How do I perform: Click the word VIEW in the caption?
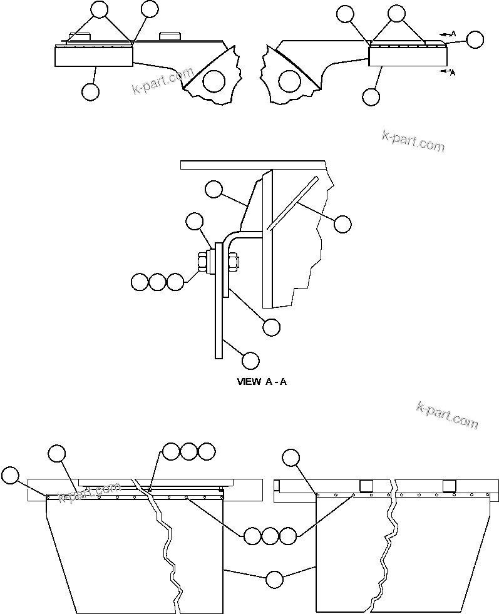click(x=249, y=381)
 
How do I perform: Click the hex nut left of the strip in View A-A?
click(x=203, y=262)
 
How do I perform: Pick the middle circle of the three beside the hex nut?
click(x=158, y=282)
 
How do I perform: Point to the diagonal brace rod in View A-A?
click(x=292, y=203)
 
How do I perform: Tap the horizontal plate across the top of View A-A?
click(x=253, y=164)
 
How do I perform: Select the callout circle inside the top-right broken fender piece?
click(x=289, y=80)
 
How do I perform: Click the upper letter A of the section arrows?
click(x=453, y=33)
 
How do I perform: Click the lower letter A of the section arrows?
click(x=452, y=73)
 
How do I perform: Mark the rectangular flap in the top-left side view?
click(x=94, y=56)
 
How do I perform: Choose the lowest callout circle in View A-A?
click(x=250, y=361)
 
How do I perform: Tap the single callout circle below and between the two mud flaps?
click(x=274, y=580)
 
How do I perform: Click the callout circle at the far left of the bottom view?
click(x=10, y=475)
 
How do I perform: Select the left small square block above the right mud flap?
click(x=366, y=486)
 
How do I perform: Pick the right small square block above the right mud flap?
click(x=449, y=486)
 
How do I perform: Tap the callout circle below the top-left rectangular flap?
click(x=91, y=92)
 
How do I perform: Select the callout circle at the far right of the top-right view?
click(x=475, y=39)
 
